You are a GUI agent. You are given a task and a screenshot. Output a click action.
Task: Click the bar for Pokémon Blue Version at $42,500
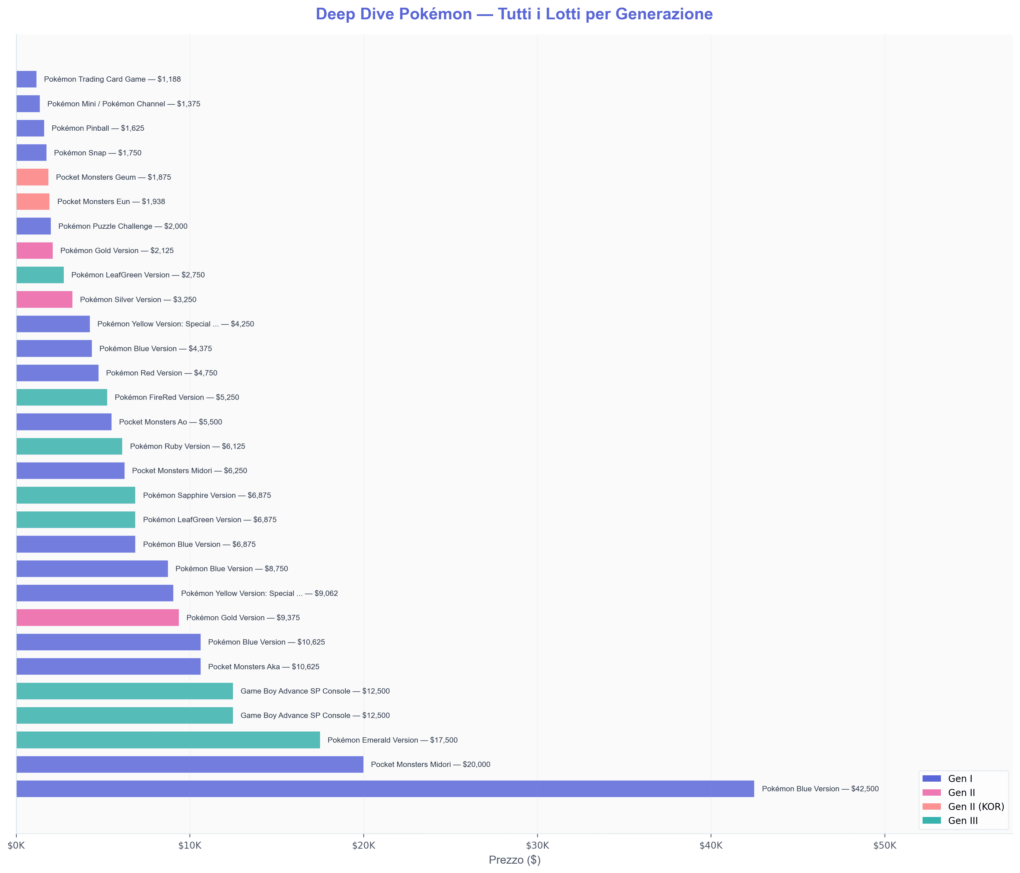[385, 789]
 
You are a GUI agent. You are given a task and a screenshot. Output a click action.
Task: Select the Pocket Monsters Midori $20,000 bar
[190, 764]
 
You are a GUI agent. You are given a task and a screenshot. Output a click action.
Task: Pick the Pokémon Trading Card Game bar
[26, 79]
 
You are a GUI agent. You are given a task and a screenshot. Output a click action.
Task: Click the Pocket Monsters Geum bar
[32, 177]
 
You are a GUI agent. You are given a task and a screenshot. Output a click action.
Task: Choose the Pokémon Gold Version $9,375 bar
[97, 618]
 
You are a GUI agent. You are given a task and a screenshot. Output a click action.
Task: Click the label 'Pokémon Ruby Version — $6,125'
[187, 447]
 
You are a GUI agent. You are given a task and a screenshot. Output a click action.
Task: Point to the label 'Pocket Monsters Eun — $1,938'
[111, 202]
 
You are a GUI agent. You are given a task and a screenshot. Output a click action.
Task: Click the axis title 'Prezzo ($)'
[515, 860]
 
